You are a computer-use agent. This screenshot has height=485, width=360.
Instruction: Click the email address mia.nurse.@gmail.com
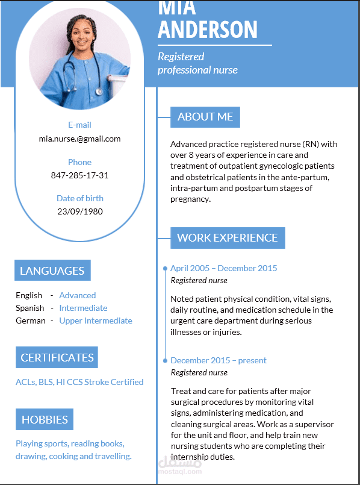tap(79, 139)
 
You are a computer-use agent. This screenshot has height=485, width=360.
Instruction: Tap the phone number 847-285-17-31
tap(79, 175)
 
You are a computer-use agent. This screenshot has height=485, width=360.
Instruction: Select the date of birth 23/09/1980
tap(79, 211)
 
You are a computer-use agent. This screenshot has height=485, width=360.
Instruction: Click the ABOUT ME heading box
tap(205, 117)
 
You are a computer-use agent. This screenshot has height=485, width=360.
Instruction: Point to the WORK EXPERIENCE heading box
tap(228, 238)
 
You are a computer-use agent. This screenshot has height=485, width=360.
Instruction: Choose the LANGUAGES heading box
tap(52, 271)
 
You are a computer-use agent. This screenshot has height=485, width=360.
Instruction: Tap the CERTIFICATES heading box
tap(57, 357)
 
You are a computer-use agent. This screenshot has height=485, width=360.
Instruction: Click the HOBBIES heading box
tap(45, 419)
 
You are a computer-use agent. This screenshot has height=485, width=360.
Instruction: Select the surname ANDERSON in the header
tap(208, 29)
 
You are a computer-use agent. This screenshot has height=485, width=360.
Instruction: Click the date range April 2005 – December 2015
tap(224, 268)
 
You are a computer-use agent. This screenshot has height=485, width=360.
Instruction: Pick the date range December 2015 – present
tap(219, 360)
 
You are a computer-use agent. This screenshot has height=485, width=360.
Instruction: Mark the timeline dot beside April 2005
tap(165, 268)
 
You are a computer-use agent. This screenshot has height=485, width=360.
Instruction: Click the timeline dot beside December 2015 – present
tap(165, 360)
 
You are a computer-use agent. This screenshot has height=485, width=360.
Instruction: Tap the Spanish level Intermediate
tap(83, 308)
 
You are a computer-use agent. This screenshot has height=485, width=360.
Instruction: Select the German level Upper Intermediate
tap(96, 321)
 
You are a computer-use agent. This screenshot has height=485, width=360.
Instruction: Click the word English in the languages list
tap(29, 295)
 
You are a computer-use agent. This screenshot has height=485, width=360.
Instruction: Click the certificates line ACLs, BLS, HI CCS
tap(79, 382)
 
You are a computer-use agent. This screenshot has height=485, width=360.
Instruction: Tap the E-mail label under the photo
tap(79, 125)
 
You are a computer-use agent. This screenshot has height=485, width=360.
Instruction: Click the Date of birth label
tap(79, 198)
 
